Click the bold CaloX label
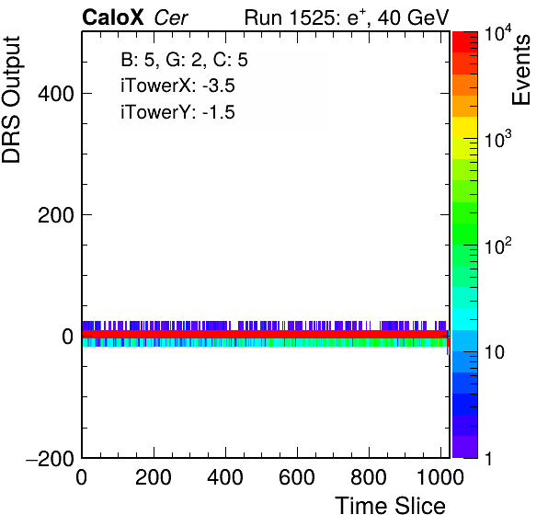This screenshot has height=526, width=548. tap(113, 17)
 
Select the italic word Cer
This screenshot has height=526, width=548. tap(171, 17)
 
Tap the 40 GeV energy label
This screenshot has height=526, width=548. tap(413, 17)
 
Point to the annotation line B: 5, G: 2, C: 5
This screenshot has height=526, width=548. tap(184, 60)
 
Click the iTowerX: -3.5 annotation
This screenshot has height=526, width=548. tap(177, 86)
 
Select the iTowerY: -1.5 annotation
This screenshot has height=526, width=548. tap(177, 112)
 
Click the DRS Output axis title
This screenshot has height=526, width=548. tap(11, 99)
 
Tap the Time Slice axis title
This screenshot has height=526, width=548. tap(390, 506)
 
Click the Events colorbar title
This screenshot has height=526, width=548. tap(520, 70)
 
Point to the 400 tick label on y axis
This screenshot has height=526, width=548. tap(56, 94)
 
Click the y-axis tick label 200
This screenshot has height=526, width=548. tap(56, 215)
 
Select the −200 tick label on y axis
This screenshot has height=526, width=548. tap(50, 458)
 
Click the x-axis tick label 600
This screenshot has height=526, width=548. tap(297, 476)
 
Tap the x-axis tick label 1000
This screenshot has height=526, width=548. tap(440, 476)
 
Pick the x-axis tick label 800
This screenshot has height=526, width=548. tap(369, 476)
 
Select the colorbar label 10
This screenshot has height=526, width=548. tap(494, 352)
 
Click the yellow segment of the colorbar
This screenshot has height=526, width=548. tap(465, 127)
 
